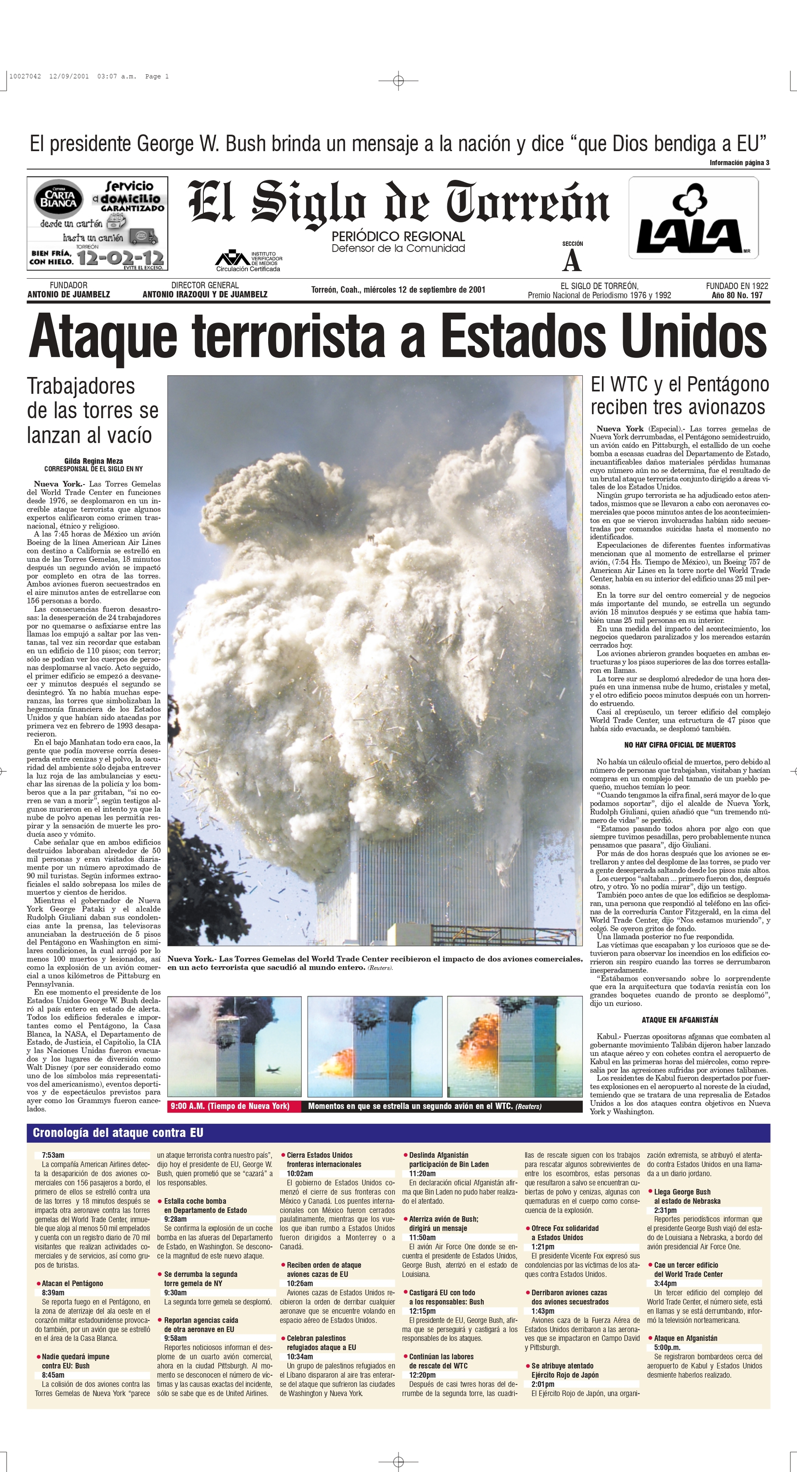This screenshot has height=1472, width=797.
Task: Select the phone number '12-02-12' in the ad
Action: (120, 258)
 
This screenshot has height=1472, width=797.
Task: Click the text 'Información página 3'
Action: (739, 163)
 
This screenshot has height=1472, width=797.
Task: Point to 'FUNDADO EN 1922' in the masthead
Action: (736, 286)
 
